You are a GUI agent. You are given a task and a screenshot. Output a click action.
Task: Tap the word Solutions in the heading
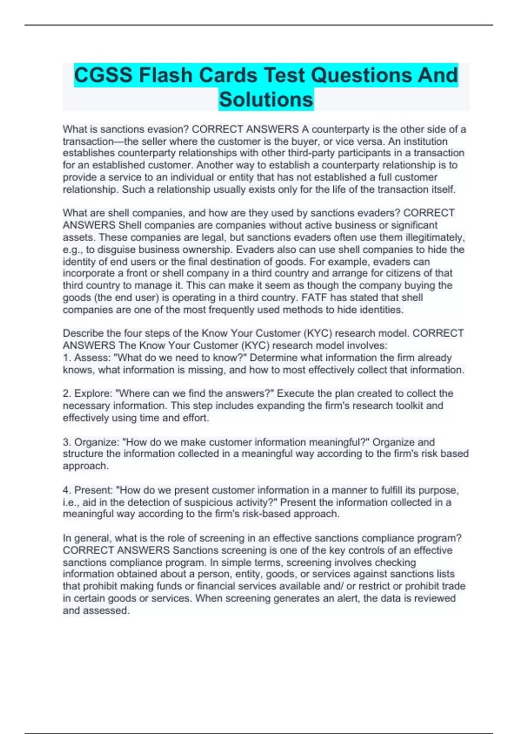click(x=266, y=99)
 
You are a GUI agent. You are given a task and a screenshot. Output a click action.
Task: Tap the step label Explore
click(x=93, y=393)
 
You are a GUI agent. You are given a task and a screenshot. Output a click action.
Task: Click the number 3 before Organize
click(x=66, y=442)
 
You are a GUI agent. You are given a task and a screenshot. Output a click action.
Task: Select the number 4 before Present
click(x=66, y=490)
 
